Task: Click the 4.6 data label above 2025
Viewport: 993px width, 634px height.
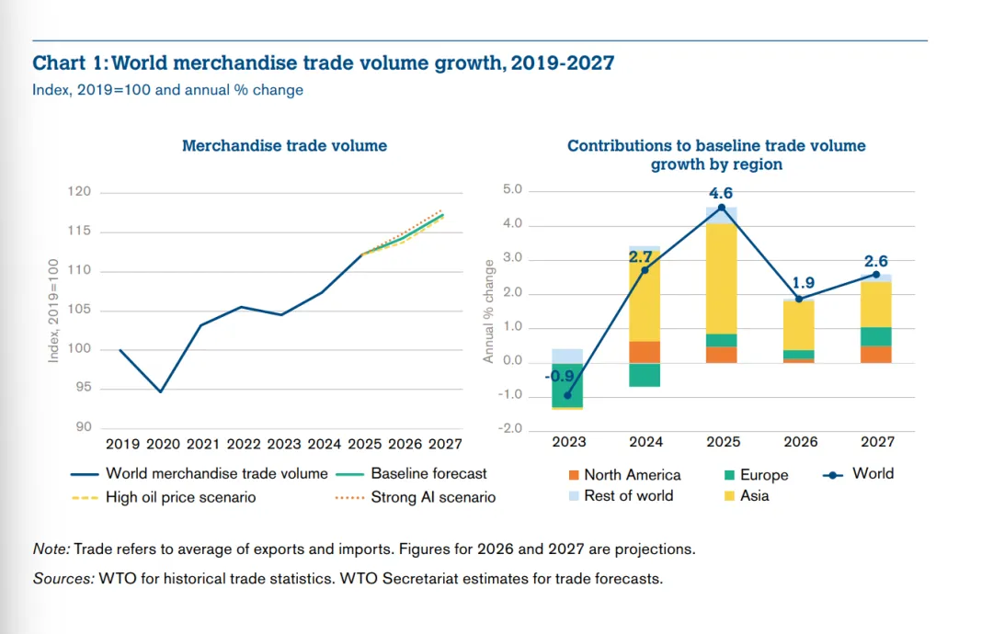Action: [x=722, y=194]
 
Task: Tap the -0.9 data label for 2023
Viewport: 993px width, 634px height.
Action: [x=558, y=377]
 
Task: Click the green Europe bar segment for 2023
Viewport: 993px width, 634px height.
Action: [x=567, y=385]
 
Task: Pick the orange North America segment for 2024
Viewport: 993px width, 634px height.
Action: [x=645, y=352]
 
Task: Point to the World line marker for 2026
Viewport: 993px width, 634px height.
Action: [x=799, y=299]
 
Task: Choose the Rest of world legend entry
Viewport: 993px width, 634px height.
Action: [x=628, y=496]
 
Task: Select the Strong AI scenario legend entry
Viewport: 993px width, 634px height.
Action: [x=433, y=498]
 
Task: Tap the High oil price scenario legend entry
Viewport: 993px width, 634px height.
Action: [x=180, y=498]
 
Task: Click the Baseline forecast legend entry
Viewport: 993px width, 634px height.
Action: [x=428, y=474]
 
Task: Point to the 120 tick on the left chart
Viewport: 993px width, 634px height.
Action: [x=80, y=192]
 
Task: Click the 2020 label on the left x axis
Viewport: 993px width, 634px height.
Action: [x=163, y=445]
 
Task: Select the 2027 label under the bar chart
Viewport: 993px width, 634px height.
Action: [x=877, y=442]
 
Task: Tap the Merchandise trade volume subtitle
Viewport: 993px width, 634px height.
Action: [x=284, y=146]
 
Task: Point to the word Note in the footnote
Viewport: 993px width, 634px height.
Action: [x=51, y=549]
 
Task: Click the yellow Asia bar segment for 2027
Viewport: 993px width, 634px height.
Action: [x=877, y=304]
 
